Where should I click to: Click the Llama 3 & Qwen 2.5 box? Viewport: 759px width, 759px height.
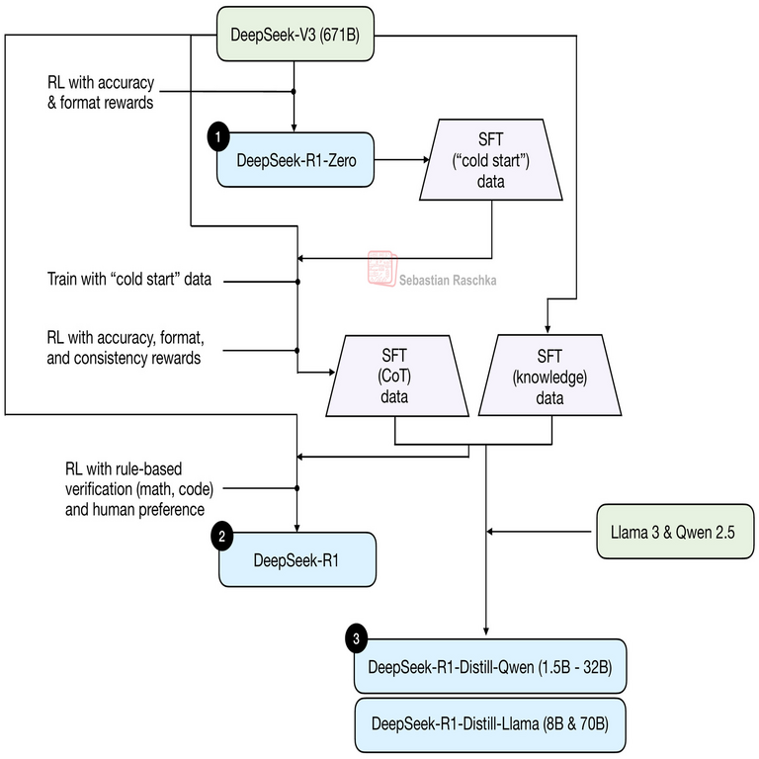click(675, 533)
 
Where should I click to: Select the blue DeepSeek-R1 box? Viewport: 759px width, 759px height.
click(296, 560)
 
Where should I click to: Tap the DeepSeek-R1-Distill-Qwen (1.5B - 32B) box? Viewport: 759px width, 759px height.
click(490, 667)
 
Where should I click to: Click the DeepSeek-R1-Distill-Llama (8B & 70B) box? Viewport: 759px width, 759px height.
click(490, 723)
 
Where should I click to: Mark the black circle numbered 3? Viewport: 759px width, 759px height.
click(357, 639)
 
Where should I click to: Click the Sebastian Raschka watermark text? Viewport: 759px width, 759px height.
click(448, 281)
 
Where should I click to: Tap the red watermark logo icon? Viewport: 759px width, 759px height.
click(381, 268)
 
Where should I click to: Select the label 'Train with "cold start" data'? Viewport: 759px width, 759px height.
click(129, 280)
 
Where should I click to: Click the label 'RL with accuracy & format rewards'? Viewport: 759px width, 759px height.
click(100, 91)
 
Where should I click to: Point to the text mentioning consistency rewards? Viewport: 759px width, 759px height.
click(125, 349)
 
